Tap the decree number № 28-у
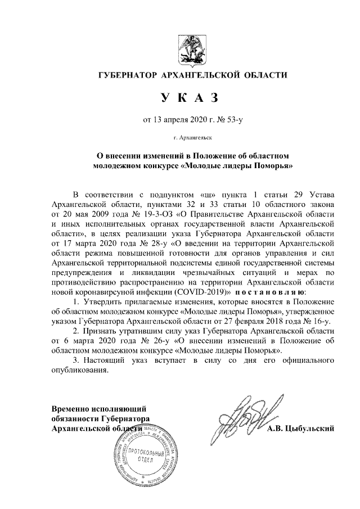(154, 244)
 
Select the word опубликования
(78, 370)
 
